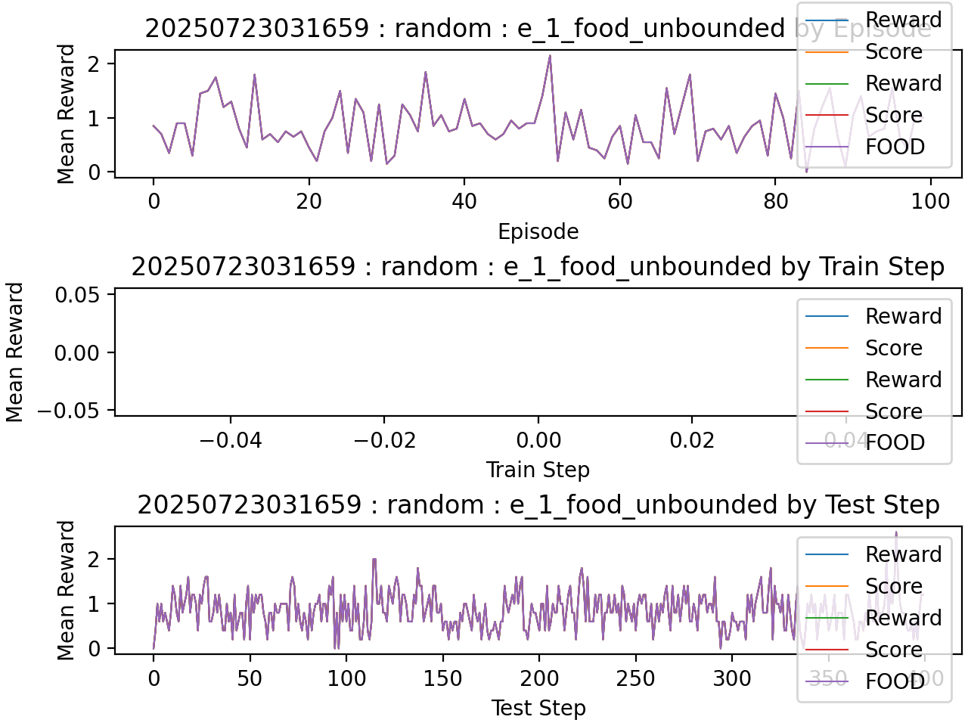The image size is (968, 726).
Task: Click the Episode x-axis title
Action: [538, 231]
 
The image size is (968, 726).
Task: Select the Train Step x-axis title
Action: [538, 470]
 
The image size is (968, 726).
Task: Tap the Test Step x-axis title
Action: [538, 708]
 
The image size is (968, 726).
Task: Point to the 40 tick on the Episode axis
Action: [464, 201]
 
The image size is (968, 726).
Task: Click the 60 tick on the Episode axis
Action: [619, 201]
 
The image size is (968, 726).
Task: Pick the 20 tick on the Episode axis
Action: [309, 201]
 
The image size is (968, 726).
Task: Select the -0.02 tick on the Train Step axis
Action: [384, 440]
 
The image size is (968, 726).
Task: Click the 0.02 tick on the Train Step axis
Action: [692, 440]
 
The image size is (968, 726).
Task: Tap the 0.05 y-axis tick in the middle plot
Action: [77, 295]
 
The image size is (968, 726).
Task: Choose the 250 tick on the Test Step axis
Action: [635, 678]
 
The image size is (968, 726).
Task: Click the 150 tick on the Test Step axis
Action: [442, 678]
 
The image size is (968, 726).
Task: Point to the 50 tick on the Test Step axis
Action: [250, 678]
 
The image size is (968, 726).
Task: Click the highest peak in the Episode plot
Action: [550, 55]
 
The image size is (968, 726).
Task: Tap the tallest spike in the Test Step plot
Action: [896, 532]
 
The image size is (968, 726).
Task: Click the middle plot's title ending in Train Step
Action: [538, 267]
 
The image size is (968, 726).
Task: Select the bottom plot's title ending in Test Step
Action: [538, 505]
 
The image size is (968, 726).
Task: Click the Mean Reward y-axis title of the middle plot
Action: [15, 352]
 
